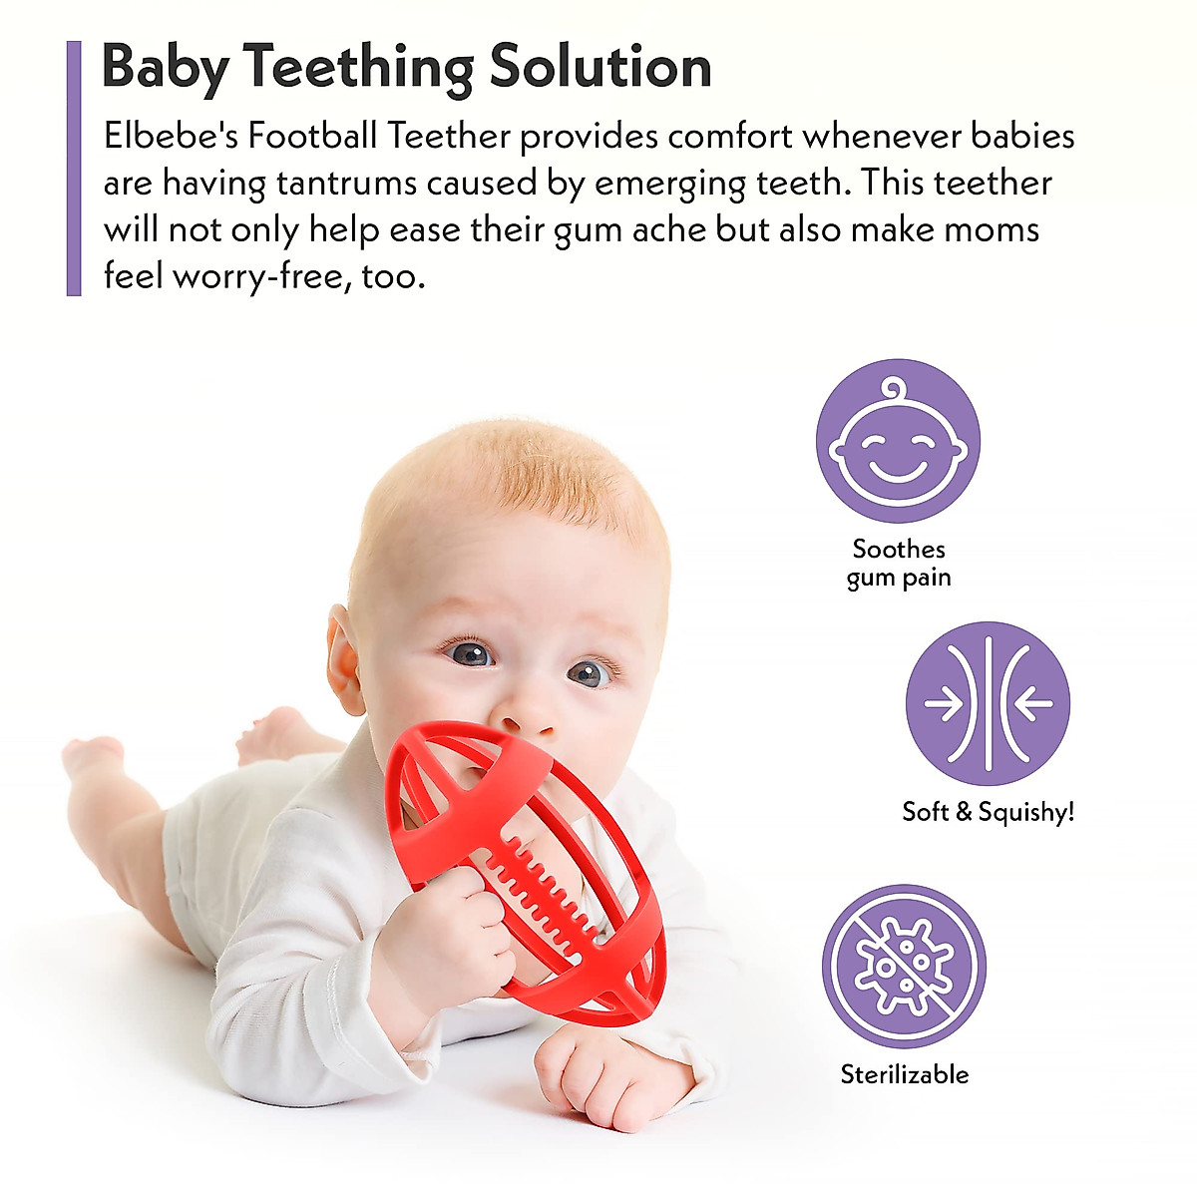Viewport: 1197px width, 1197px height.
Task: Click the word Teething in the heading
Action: pos(359,68)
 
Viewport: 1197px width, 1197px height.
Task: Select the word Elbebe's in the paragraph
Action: pos(170,136)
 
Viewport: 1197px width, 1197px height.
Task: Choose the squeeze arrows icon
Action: pos(987,703)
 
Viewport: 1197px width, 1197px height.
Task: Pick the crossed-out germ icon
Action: pos(904,966)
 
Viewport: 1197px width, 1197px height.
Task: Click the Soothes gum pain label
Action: pos(899,563)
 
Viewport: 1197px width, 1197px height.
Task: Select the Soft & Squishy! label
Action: pos(988,812)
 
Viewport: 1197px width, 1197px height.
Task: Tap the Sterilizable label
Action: pos(904,1074)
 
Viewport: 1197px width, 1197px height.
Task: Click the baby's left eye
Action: pos(590,673)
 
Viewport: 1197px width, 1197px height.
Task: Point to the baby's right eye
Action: pos(470,654)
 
